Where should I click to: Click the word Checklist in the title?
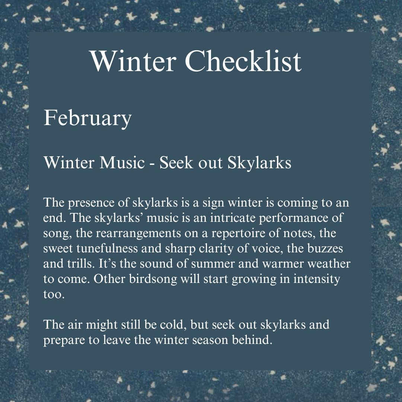pos(243,61)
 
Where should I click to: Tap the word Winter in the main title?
pos(133,61)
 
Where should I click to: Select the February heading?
pos(87,118)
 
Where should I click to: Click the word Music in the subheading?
pos(122,163)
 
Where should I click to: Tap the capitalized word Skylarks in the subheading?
pos(259,163)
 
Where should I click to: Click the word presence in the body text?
pos(91,203)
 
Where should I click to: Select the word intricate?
pos(233,218)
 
